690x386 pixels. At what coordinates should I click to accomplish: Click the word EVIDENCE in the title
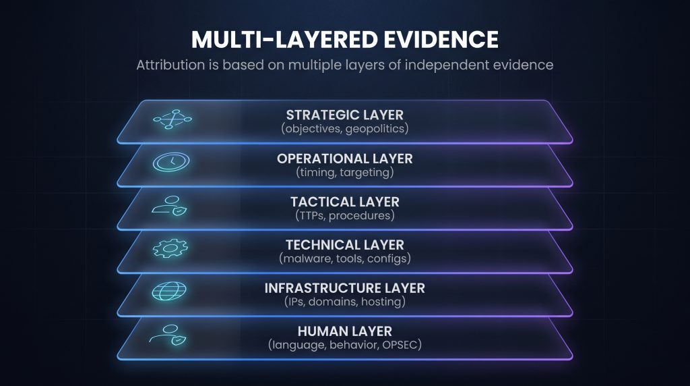tap(441, 39)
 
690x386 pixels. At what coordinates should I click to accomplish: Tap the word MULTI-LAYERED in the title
tap(284, 39)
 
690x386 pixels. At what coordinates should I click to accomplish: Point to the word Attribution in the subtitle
tap(170, 65)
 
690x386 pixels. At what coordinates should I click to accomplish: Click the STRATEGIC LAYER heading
tap(344, 115)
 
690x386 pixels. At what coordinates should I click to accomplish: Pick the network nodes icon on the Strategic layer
tap(172, 119)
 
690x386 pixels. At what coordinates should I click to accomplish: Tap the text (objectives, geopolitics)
tap(344, 129)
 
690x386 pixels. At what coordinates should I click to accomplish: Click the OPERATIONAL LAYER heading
tap(344, 159)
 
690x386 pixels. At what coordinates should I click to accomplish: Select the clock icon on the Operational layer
tap(171, 162)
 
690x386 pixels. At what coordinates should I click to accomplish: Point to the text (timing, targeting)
tap(344, 172)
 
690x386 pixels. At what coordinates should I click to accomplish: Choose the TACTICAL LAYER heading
tap(344, 202)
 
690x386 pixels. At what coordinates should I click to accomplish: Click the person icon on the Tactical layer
tap(169, 206)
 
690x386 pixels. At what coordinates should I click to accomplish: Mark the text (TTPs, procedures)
tap(344, 215)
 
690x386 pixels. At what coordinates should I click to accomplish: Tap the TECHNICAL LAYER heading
tap(344, 245)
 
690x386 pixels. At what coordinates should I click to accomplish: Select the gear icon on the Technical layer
tap(170, 248)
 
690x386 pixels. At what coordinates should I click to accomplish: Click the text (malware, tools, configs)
tap(344, 258)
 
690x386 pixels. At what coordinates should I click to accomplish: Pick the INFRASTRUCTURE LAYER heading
tap(344, 288)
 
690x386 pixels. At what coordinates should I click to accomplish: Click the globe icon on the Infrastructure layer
tap(169, 292)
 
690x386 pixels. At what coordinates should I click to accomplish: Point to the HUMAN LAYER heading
tap(344, 331)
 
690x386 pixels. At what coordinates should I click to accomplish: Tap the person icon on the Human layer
tap(168, 335)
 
